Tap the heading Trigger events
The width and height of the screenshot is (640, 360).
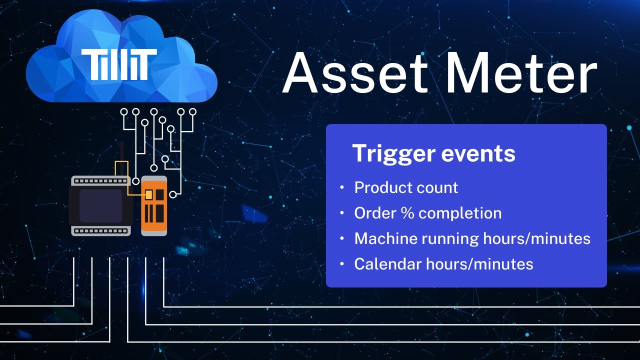pos(433,153)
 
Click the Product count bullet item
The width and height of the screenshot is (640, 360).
pos(405,187)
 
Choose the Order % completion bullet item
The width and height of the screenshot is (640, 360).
pos(427,213)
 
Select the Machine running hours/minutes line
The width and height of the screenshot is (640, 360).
pos(472,238)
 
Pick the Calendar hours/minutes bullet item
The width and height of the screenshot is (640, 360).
pos(443,263)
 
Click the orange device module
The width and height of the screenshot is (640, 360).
pos(154,205)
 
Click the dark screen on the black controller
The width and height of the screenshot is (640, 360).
pos(101,205)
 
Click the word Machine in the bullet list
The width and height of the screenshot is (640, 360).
pos(385,238)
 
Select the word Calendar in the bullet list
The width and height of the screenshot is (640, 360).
pos(387,263)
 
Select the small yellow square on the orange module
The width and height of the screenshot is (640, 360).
pos(148,194)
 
